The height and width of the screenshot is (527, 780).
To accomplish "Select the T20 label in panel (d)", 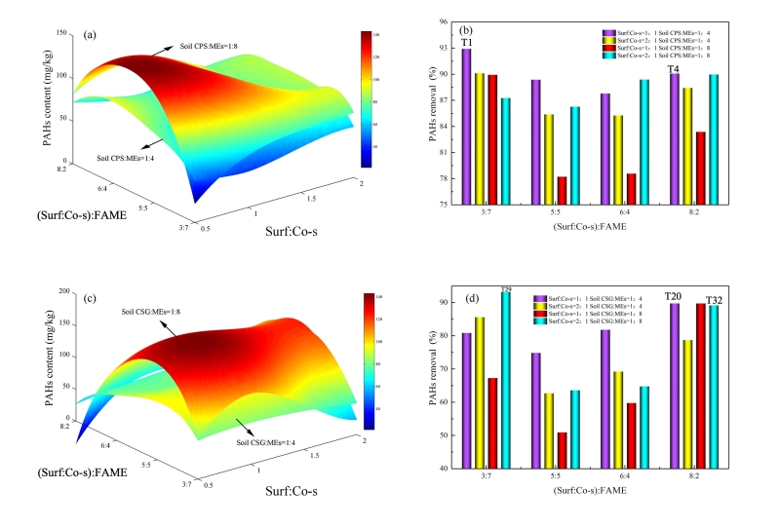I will coord(673,296).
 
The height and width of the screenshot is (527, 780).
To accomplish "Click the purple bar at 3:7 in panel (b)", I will coord(467,127).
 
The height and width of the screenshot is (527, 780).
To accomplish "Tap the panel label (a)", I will coord(90,35).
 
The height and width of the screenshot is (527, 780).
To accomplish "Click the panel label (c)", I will coord(90,297).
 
